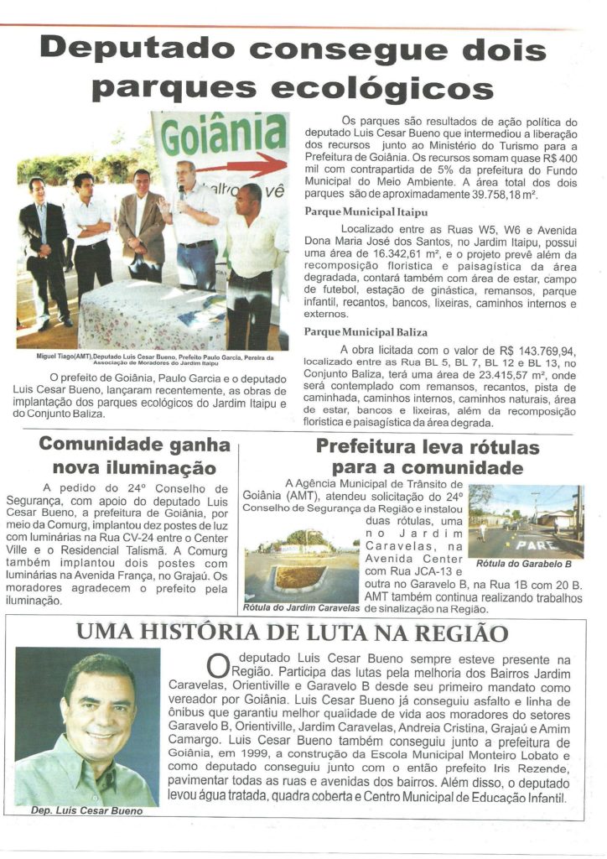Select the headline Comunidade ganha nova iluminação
point(134,456)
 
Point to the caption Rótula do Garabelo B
point(524,564)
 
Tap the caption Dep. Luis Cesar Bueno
point(86,811)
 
